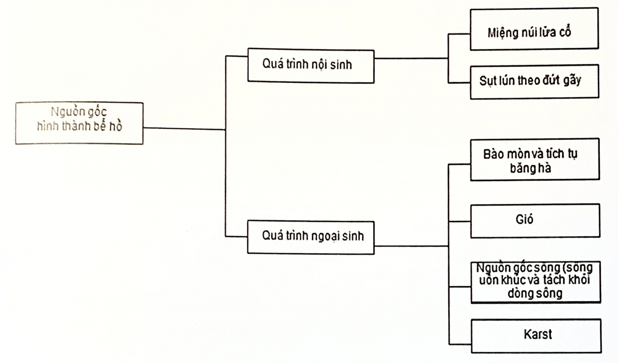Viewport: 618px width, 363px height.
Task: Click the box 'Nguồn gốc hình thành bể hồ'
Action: coord(79,123)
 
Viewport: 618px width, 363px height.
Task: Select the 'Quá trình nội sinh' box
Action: coord(311,66)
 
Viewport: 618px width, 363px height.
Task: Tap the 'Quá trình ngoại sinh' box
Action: coord(311,237)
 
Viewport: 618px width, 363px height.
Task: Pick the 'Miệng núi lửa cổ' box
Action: coord(534,29)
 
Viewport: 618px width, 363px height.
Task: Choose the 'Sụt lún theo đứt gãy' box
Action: coord(534,82)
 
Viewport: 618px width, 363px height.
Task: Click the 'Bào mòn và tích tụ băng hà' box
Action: coord(535,159)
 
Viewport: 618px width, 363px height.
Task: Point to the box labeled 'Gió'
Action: coord(535,220)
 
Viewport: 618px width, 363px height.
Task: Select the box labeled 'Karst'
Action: coord(536,336)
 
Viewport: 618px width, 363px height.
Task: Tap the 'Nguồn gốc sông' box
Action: coord(536,282)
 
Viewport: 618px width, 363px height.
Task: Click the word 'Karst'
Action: coord(538,334)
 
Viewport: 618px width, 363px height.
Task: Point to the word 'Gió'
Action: coord(524,219)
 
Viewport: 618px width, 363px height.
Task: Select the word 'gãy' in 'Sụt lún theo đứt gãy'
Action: coord(572,80)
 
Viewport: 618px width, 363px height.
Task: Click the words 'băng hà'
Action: coord(530,168)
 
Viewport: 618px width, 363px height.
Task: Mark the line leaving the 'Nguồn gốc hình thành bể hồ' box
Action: coord(184,129)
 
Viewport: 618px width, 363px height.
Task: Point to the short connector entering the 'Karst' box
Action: coord(460,344)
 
